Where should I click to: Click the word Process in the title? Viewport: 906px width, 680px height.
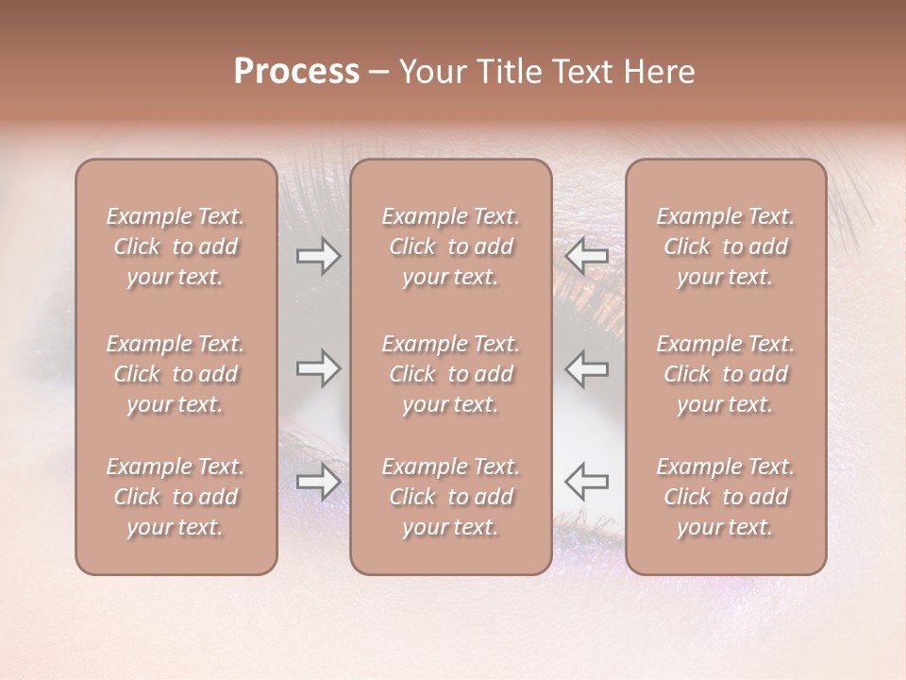296,72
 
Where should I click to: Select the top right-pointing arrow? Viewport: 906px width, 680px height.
319,256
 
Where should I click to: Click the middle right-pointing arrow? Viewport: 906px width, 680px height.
319,369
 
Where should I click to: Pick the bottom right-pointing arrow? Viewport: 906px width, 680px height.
319,483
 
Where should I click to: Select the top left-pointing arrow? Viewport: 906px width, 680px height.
586,256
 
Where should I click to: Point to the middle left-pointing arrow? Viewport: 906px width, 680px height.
586,369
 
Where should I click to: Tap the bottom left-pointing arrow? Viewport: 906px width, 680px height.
586,483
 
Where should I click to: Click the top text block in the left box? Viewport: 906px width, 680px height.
176,246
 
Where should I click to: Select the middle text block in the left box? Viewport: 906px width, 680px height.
176,374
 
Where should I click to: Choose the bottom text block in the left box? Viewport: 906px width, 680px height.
176,497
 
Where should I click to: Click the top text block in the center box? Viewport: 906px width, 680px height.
450,246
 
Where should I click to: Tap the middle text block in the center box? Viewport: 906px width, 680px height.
450,374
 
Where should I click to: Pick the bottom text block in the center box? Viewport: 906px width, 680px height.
450,497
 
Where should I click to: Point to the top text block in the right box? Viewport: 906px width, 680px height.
726,246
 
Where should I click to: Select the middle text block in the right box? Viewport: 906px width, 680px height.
726,374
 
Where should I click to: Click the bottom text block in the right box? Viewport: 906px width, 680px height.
726,497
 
